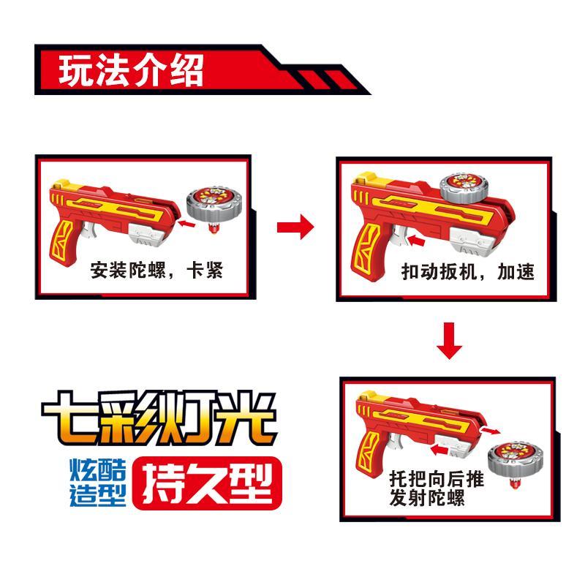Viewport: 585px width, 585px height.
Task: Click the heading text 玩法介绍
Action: click(x=131, y=70)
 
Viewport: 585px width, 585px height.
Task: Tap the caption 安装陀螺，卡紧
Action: click(x=156, y=270)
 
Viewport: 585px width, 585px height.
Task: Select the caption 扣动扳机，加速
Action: click(x=468, y=271)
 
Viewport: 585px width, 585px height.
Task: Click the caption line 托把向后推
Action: click(x=437, y=479)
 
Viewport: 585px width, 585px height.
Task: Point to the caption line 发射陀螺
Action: click(x=427, y=497)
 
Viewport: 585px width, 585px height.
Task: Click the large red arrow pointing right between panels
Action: click(x=295, y=227)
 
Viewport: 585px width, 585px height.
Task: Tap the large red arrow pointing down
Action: click(x=449, y=341)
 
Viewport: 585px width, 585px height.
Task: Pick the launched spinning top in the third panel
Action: click(x=516, y=464)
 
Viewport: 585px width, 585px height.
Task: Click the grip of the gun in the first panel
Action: click(x=63, y=243)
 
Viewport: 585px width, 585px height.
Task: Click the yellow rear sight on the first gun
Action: click(x=60, y=184)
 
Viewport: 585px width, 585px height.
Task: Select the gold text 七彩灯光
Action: click(x=159, y=418)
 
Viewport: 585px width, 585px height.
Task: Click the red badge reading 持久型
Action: click(x=207, y=483)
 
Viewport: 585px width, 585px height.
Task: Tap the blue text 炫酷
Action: click(x=98, y=469)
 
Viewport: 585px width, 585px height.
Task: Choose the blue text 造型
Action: click(x=98, y=495)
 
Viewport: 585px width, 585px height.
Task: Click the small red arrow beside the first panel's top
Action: click(x=186, y=224)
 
